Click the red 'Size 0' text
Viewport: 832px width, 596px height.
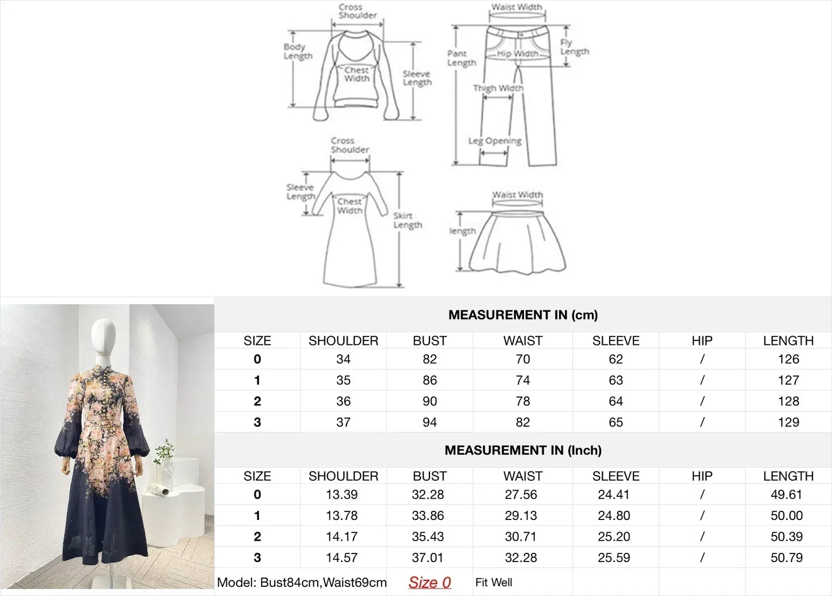tap(430, 583)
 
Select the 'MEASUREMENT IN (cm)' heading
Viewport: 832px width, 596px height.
tap(523, 315)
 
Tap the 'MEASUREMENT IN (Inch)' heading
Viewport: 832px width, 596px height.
tap(523, 450)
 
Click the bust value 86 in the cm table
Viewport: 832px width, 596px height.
tap(430, 380)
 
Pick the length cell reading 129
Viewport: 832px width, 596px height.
tap(788, 422)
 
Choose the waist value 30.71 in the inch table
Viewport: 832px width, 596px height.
tap(521, 537)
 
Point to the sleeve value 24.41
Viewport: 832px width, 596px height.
tap(614, 495)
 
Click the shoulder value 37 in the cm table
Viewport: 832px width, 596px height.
tap(343, 422)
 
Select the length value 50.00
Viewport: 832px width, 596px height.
tap(787, 515)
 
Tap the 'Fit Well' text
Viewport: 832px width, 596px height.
tap(493, 583)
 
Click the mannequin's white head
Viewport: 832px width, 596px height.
tap(104, 336)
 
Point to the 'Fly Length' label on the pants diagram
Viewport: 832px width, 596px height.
tap(574, 47)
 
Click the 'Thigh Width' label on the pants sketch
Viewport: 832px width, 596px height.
tap(498, 88)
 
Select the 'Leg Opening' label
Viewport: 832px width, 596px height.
tap(495, 141)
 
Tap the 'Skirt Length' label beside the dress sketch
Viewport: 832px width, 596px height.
tap(408, 220)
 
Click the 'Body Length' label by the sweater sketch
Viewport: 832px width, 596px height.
tap(298, 51)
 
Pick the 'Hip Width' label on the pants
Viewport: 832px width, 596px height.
tap(518, 54)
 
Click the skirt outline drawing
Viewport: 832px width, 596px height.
tap(517, 242)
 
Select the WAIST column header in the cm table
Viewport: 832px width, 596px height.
tap(523, 341)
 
